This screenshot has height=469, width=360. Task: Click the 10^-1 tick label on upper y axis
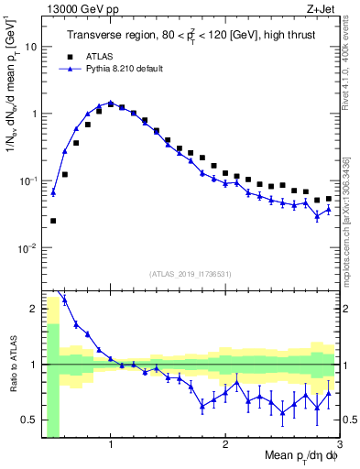(x=27, y=181)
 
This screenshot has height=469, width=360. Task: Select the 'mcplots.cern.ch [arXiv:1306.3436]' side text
(x=352, y=207)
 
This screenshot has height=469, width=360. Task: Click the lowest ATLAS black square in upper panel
(x=53, y=221)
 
